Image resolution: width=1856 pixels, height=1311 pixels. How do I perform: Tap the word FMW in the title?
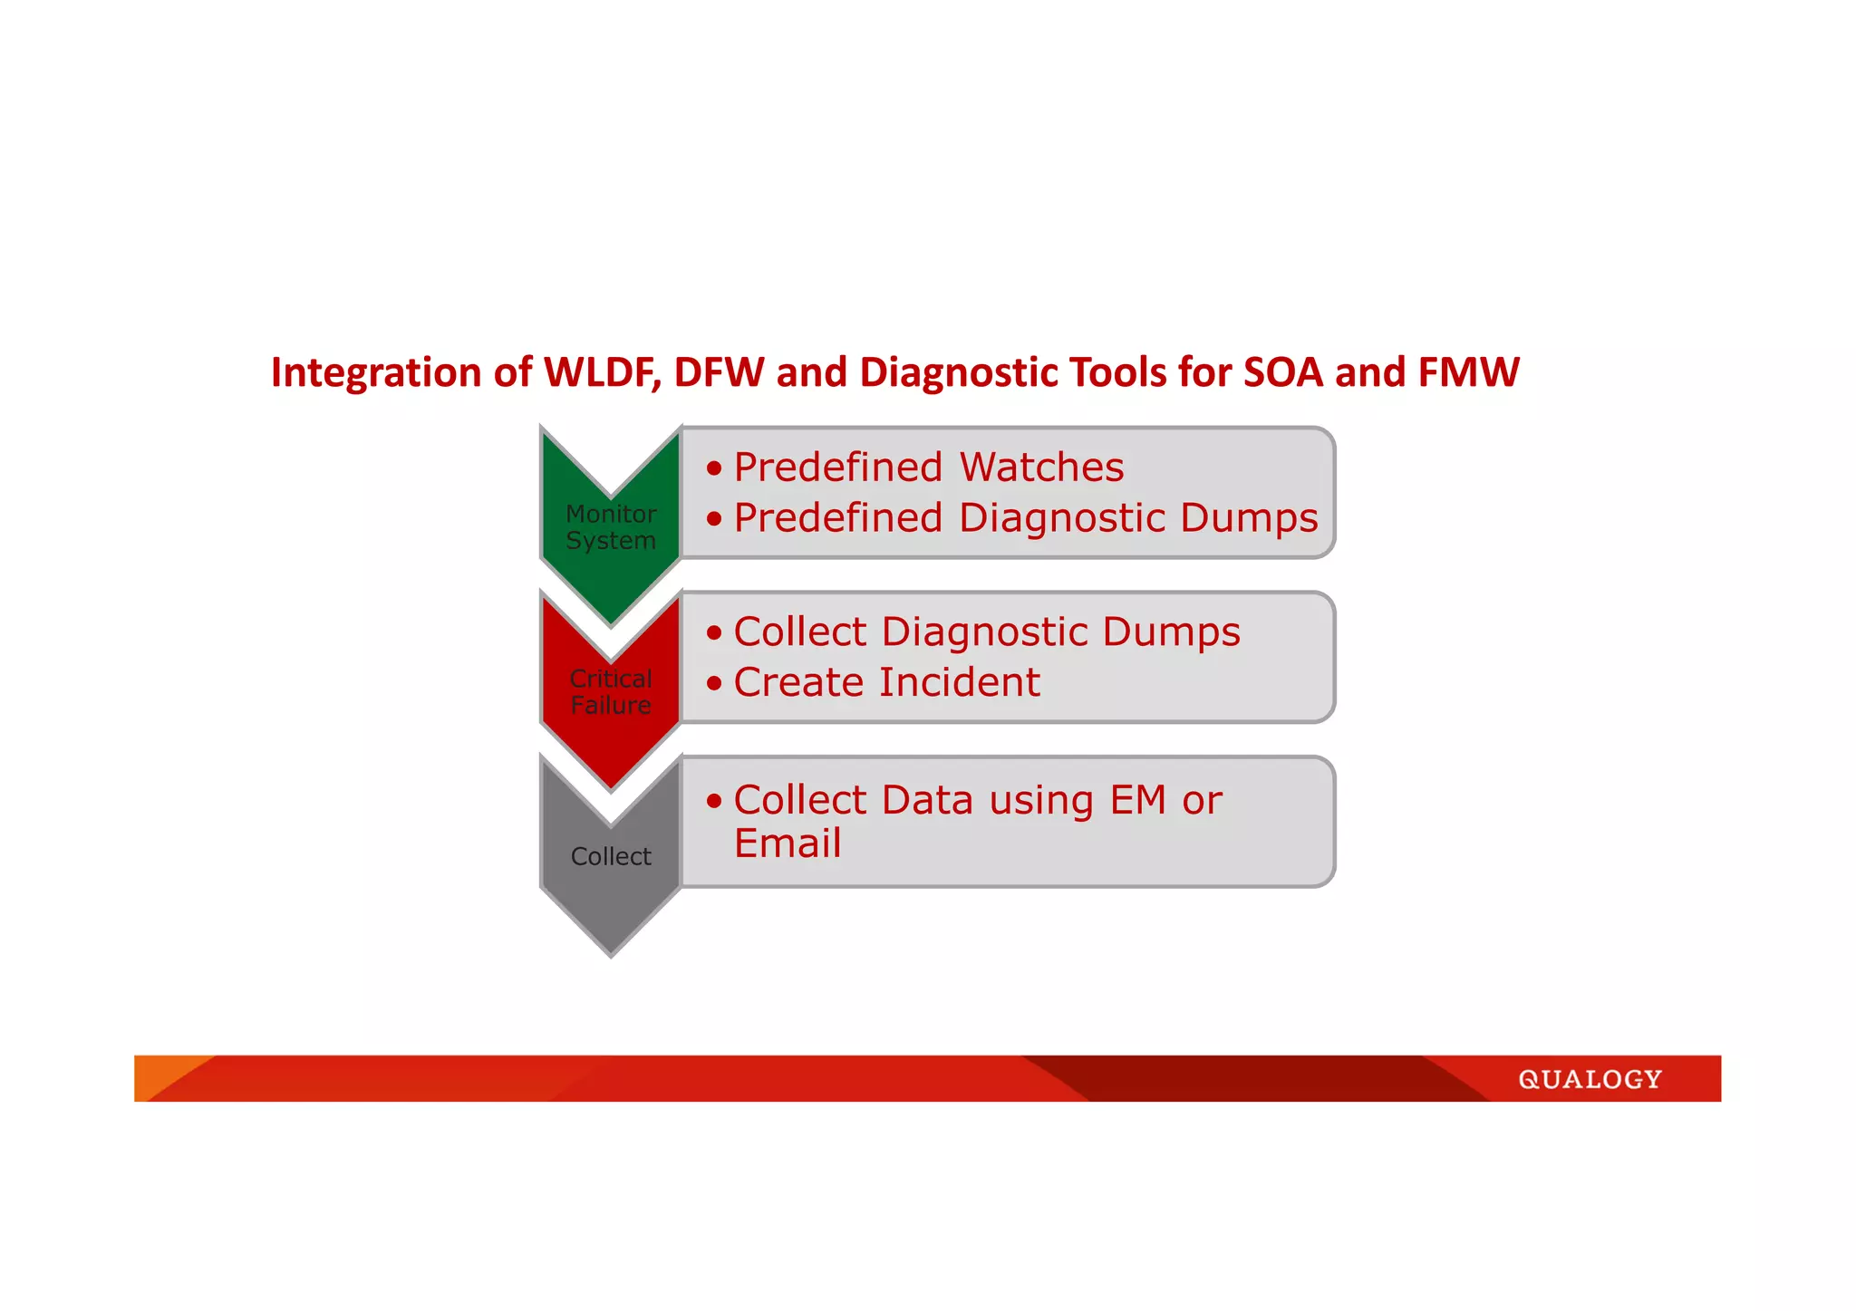coord(1468,372)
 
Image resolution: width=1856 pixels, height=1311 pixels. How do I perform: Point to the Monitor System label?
coord(610,526)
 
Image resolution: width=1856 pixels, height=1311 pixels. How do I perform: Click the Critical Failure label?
coord(610,691)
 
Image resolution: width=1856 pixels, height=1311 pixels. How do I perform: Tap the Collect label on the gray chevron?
coord(610,856)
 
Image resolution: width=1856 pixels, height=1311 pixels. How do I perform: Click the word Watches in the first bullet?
coord(1041,468)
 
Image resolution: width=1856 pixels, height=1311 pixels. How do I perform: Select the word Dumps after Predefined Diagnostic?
coord(1249,518)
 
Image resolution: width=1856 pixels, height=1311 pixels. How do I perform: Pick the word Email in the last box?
coord(788,843)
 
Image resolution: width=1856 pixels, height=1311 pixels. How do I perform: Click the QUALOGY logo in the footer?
coord(1590,1079)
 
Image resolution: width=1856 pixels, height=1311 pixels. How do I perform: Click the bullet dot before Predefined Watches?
coord(715,468)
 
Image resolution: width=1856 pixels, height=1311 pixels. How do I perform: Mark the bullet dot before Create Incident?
coord(715,683)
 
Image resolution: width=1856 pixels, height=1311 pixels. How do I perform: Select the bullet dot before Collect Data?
coord(715,801)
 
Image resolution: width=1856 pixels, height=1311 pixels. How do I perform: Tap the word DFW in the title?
coord(718,372)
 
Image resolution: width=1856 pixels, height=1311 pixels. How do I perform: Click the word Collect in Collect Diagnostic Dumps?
coord(800,631)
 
